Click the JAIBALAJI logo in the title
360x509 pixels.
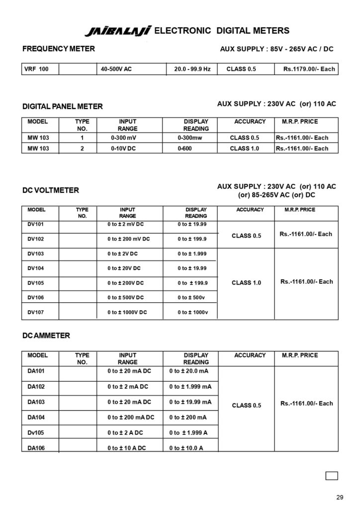click(118, 32)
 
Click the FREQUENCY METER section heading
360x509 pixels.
click(59, 49)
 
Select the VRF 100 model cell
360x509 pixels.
click(37, 69)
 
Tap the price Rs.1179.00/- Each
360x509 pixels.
click(309, 69)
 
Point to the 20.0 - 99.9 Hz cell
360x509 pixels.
click(192, 69)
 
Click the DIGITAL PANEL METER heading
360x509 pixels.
click(63, 106)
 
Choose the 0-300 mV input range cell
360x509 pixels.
click(124, 138)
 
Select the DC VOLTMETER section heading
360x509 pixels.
click(51, 190)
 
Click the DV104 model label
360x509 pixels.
click(36, 268)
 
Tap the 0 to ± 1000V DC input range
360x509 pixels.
click(127, 312)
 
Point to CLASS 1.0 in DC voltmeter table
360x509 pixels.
click(246, 283)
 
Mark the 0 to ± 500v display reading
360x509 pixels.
click(193, 298)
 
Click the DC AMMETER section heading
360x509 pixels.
click(46, 336)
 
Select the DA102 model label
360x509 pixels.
click(36, 386)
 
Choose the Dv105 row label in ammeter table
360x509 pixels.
click(36, 432)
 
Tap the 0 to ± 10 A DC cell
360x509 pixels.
click(127, 448)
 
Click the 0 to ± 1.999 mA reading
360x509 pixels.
click(190, 386)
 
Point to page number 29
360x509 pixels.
click(340, 497)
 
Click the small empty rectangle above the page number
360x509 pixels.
click(332, 476)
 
